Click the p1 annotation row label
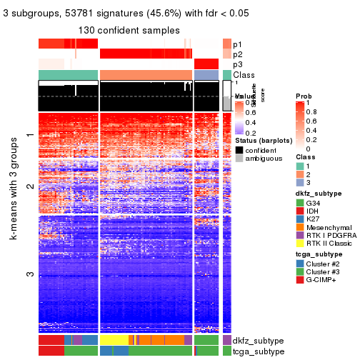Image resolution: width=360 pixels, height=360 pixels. pyautogui.click(x=238, y=44)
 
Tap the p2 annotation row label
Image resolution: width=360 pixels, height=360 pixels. pyautogui.click(x=238, y=54)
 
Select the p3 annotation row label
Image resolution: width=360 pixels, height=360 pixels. pyautogui.click(x=238, y=64)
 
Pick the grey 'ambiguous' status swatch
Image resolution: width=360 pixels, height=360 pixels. pyautogui.click(x=239, y=159)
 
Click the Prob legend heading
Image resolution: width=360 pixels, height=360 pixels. pyautogui.click(x=303, y=95)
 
